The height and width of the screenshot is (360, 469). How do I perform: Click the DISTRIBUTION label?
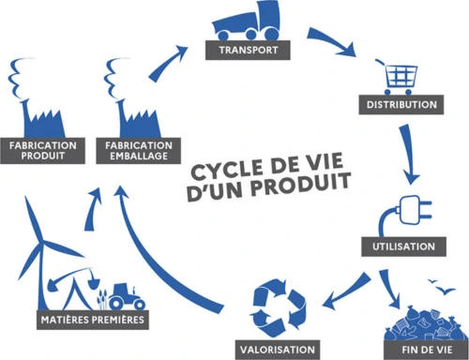pyautogui.click(x=401, y=104)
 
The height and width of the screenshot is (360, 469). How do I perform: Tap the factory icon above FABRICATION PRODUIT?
pyautogui.click(x=38, y=103)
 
